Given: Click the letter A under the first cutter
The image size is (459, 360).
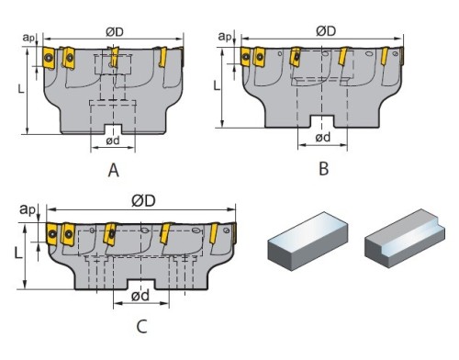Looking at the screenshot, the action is pyautogui.click(x=114, y=170).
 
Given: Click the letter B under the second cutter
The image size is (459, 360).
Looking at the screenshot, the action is pyautogui.click(x=324, y=168).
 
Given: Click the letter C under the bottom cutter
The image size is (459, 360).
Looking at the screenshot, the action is pyautogui.click(x=141, y=326).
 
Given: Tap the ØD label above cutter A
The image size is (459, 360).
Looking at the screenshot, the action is pyautogui.click(x=115, y=32).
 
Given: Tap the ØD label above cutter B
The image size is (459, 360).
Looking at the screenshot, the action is pyautogui.click(x=326, y=31).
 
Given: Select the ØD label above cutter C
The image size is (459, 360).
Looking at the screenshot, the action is pyautogui.click(x=143, y=201).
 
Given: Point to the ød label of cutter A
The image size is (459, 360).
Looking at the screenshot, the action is pyautogui.click(x=113, y=141).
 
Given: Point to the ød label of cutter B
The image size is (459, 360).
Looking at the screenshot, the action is pyautogui.click(x=323, y=137).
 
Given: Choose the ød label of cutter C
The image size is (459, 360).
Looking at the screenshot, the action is pyautogui.click(x=140, y=296).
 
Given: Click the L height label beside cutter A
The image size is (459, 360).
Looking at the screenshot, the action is pyautogui.click(x=21, y=89).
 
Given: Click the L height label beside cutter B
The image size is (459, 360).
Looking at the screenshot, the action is pyautogui.click(x=217, y=85).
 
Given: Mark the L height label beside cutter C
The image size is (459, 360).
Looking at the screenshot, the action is pyautogui.click(x=18, y=253).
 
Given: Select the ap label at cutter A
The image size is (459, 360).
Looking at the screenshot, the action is pyautogui.click(x=28, y=38).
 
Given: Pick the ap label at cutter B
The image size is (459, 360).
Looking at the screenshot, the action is pyautogui.click(x=225, y=37).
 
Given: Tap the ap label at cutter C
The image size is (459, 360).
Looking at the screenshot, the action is pyautogui.click(x=28, y=209).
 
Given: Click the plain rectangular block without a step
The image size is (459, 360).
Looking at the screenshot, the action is pyautogui.click(x=308, y=241).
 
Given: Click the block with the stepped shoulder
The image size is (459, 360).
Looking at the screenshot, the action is pyautogui.click(x=405, y=238).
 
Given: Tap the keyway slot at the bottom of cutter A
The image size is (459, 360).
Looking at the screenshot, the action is pyautogui.click(x=113, y=129).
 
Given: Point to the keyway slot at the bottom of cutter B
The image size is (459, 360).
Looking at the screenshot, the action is pyautogui.click(x=322, y=121).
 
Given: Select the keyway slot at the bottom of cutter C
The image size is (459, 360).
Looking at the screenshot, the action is pyautogui.click(x=140, y=285).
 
